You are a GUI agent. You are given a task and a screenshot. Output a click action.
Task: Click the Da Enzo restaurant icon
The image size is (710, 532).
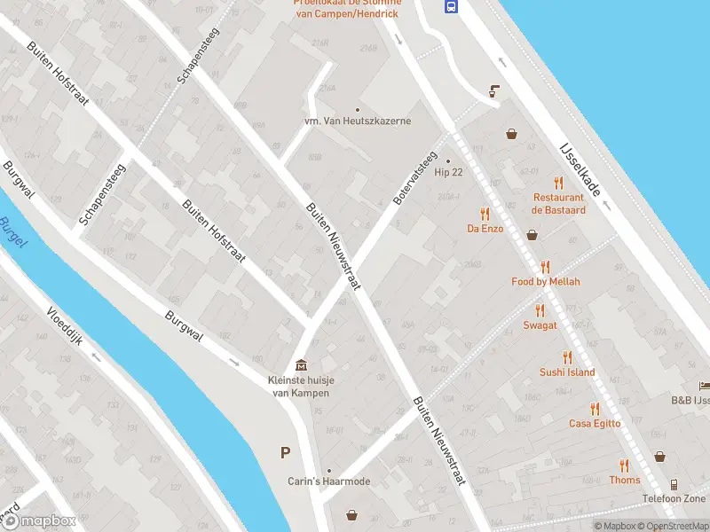click(485, 214)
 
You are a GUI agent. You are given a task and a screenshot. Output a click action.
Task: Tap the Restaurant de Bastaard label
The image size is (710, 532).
click(558, 204)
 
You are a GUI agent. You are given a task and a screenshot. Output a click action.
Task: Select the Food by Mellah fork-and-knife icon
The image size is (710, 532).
click(545, 267)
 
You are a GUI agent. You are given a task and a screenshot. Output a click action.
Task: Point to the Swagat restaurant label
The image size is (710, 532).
click(540, 325)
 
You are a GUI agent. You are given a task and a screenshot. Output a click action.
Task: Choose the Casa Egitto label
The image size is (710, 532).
click(594, 424)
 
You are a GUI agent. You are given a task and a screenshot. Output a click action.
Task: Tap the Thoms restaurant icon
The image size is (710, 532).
click(625, 465)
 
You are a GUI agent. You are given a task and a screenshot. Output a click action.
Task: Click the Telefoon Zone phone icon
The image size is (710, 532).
click(674, 484)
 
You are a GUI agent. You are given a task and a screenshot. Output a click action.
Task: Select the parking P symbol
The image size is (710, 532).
click(286, 453)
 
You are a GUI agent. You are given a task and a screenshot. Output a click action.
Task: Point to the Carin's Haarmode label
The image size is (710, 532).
click(328, 481)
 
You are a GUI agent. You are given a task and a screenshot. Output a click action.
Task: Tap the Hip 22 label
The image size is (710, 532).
click(448, 172)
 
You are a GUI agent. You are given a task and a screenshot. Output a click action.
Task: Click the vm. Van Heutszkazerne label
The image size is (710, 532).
click(358, 121)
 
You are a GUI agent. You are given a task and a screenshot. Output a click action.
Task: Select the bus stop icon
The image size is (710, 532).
click(451, 7)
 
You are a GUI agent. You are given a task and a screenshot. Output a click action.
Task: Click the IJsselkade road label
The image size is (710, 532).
click(581, 168)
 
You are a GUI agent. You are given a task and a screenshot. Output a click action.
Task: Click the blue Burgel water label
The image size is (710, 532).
click(13, 232)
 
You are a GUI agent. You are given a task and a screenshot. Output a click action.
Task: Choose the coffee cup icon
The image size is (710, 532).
click(494, 90)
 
